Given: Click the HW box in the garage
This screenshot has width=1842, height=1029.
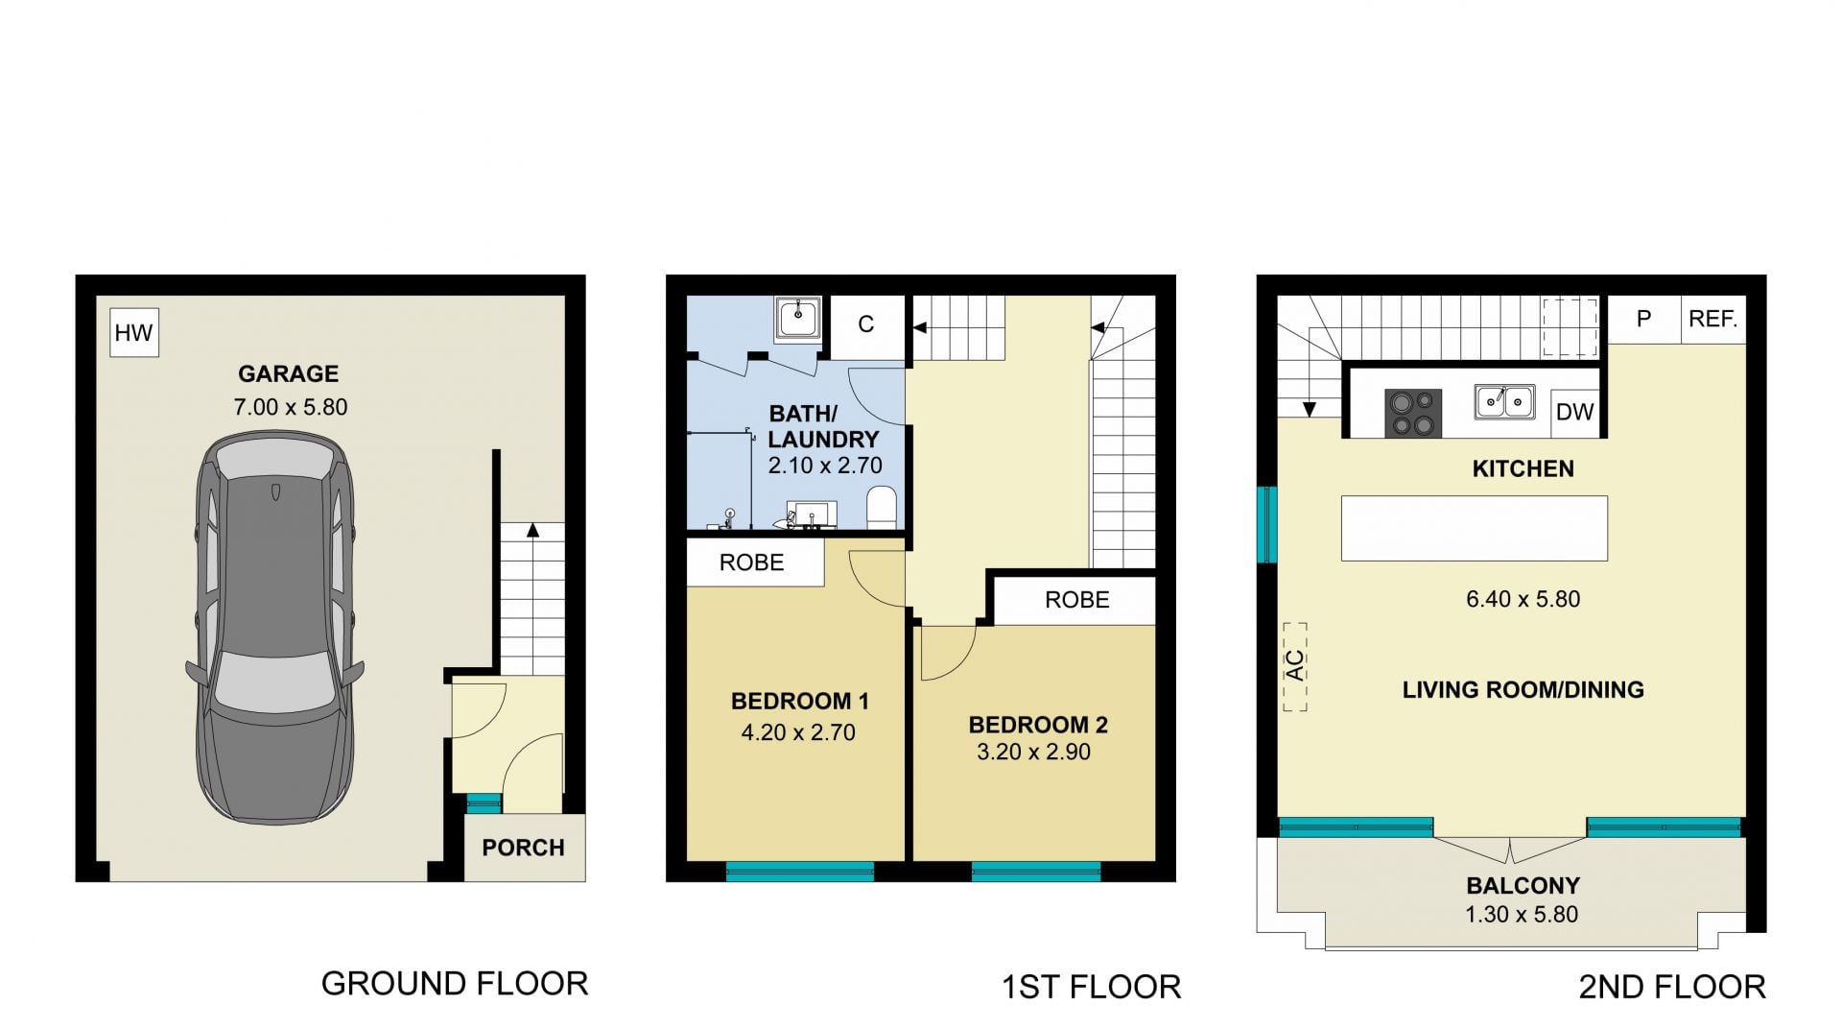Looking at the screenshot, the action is (133, 332).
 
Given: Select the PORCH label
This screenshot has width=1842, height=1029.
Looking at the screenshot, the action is (523, 848).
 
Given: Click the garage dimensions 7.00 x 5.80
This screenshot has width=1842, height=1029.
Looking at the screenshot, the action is (291, 407).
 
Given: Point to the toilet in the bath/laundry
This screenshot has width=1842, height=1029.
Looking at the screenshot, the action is (881, 507).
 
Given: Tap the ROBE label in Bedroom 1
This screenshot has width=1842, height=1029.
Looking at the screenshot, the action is (752, 562).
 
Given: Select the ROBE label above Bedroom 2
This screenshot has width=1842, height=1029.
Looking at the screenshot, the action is (1077, 600).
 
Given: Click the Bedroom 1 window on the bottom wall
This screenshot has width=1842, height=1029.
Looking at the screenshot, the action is (800, 872).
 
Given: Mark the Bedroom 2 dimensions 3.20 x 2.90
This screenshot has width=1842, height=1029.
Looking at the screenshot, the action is (1033, 752).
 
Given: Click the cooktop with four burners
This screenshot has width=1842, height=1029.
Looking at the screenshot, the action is (1413, 413).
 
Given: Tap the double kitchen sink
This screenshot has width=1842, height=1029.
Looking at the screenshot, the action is (1504, 401).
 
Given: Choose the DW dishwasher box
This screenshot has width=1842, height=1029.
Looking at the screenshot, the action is (1574, 412).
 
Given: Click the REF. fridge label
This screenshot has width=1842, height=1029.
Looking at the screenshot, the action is (1713, 319).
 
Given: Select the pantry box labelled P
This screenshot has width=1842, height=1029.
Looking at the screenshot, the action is (1643, 319).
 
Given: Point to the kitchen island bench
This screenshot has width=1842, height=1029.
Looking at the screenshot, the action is (1474, 528).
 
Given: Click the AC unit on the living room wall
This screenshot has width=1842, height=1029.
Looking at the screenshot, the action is (1295, 666).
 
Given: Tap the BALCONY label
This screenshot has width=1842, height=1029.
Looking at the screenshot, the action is (1523, 885).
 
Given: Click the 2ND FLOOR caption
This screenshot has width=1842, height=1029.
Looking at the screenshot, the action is (1672, 987).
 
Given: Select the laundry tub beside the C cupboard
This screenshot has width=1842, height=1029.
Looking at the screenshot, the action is (797, 318).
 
